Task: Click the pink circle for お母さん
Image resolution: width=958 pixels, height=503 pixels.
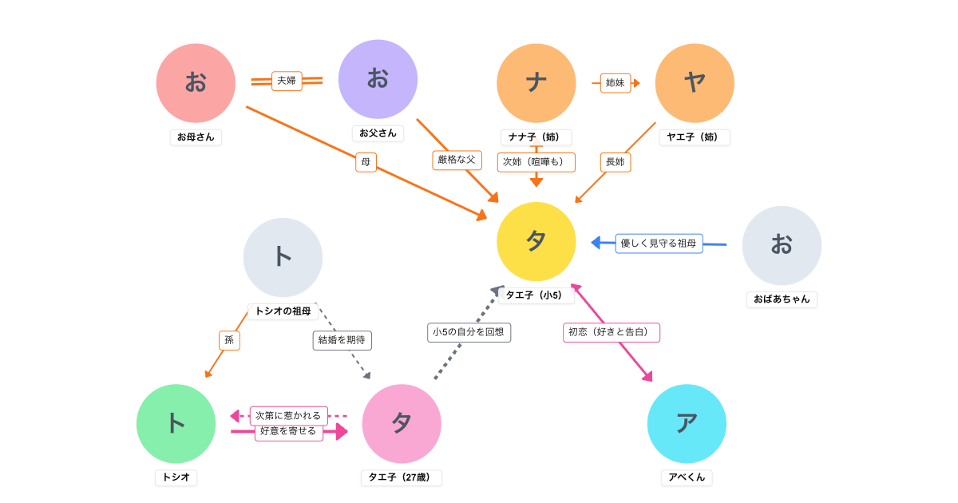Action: (196, 83)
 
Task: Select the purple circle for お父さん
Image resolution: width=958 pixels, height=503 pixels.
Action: (378, 79)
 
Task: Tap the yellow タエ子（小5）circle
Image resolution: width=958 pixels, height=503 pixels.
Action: (536, 241)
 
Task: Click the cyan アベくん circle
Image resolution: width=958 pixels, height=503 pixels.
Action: (687, 423)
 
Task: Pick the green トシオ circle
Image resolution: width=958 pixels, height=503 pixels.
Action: (176, 423)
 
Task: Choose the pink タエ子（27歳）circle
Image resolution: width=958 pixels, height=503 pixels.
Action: (402, 423)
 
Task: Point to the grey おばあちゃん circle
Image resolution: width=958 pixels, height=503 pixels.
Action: (782, 245)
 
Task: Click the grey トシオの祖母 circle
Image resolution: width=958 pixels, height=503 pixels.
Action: (283, 257)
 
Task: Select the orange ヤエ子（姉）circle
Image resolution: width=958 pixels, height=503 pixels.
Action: (695, 83)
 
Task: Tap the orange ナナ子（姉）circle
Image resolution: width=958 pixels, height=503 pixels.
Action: (536, 83)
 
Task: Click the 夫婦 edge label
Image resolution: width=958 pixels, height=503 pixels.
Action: (287, 81)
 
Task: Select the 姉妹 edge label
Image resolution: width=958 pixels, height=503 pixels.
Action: (615, 83)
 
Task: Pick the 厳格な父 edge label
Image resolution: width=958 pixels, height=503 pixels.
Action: (457, 160)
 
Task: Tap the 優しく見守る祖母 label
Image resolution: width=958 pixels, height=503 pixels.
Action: (659, 244)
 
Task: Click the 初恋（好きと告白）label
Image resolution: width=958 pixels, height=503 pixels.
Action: (612, 332)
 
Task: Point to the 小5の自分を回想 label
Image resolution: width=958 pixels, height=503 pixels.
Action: (469, 332)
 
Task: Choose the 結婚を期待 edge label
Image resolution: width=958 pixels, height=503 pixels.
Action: (342, 340)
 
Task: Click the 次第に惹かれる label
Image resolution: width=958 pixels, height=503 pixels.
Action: (288, 415)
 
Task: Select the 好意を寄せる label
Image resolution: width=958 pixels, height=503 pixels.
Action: (288, 431)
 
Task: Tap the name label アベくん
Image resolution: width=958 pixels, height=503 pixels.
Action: (687, 477)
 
